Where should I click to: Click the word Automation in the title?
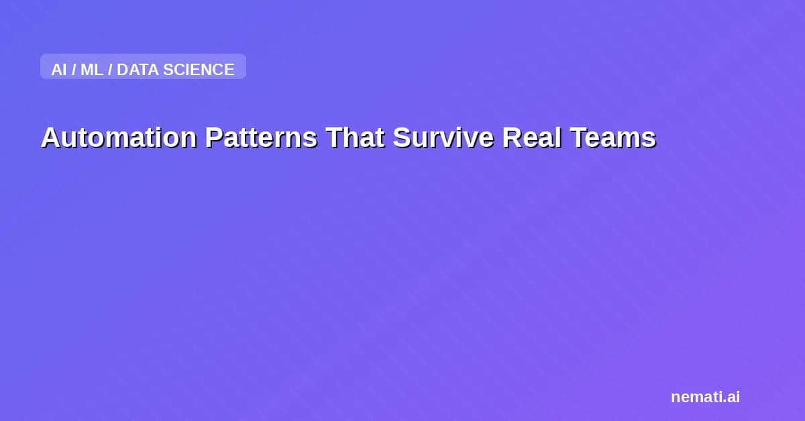[x=119, y=137]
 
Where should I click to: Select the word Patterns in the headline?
[x=261, y=137]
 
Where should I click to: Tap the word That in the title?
[x=355, y=137]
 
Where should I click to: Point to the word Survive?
[x=443, y=137]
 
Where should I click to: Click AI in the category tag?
[x=59, y=69]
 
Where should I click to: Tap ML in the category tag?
[x=92, y=69]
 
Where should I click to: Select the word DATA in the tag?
[x=138, y=69]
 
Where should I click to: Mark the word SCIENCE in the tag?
[x=199, y=69]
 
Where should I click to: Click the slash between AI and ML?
[x=74, y=69]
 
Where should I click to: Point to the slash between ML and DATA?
[x=110, y=69]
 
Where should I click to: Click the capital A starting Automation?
[x=50, y=137]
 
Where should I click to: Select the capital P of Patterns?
[x=213, y=137]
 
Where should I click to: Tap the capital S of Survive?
[x=401, y=137]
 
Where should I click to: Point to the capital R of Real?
[x=511, y=137]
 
